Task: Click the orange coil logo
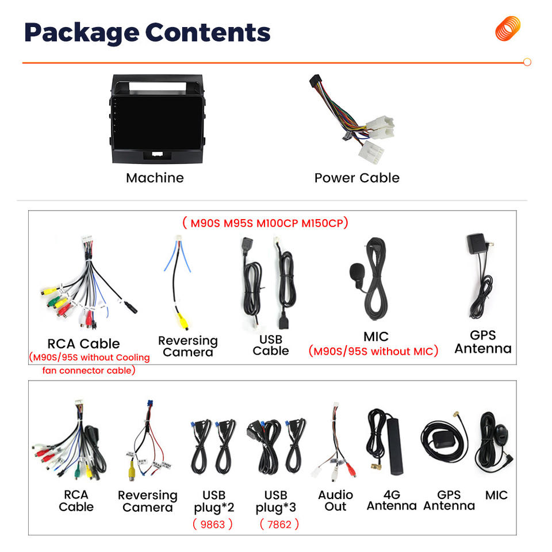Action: point(508,28)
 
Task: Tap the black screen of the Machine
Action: point(157,122)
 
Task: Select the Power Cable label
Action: point(357,178)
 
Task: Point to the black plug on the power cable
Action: point(315,82)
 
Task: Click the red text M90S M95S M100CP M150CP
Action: point(266,223)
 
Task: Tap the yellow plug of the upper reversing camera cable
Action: point(182,320)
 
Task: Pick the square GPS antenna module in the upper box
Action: point(477,243)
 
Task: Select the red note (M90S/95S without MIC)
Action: point(373,351)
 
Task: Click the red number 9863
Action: point(213,524)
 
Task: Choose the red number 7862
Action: point(279,524)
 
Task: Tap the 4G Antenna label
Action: point(392,500)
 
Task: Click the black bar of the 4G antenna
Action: point(395,445)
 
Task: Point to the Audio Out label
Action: point(335,501)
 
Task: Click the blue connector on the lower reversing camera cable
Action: point(150,404)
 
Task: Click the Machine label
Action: point(155,178)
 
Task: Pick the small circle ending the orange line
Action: point(527,62)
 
